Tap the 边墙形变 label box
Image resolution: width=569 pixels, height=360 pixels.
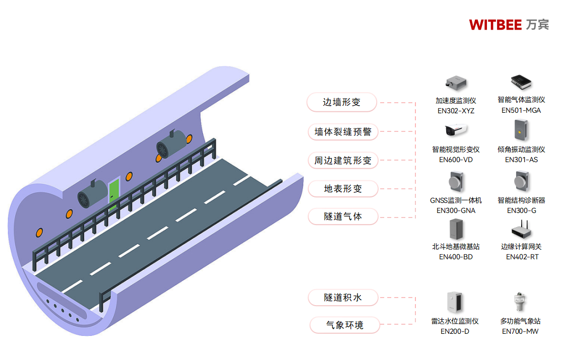pos(342,102)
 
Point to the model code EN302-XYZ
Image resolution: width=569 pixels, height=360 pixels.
pos(456,111)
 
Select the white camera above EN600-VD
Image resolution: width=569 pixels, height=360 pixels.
pos(456,130)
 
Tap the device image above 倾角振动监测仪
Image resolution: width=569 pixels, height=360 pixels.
pos(521,130)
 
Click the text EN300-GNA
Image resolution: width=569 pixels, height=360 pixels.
pos(456,210)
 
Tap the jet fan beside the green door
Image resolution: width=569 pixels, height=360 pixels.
pos(91,195)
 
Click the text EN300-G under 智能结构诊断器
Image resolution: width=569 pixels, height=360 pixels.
pos(521,210)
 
